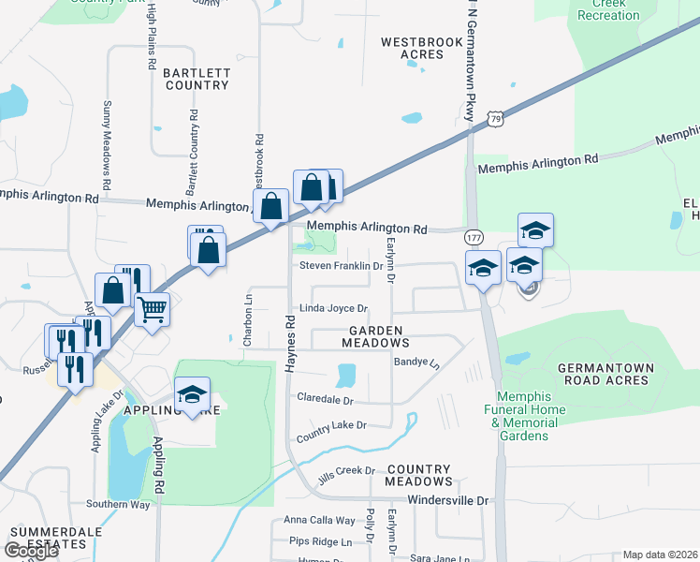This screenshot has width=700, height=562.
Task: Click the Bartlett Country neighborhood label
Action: (196, 79)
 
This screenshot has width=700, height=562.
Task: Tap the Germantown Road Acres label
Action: (603, 374)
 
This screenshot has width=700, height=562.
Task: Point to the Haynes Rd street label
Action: (290, 346)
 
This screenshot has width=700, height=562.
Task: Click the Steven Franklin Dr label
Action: (342, 266)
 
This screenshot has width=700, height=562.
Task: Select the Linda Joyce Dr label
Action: (334, 308)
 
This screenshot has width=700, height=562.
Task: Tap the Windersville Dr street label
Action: (448, 501)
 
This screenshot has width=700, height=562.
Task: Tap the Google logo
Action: (31, 551)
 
